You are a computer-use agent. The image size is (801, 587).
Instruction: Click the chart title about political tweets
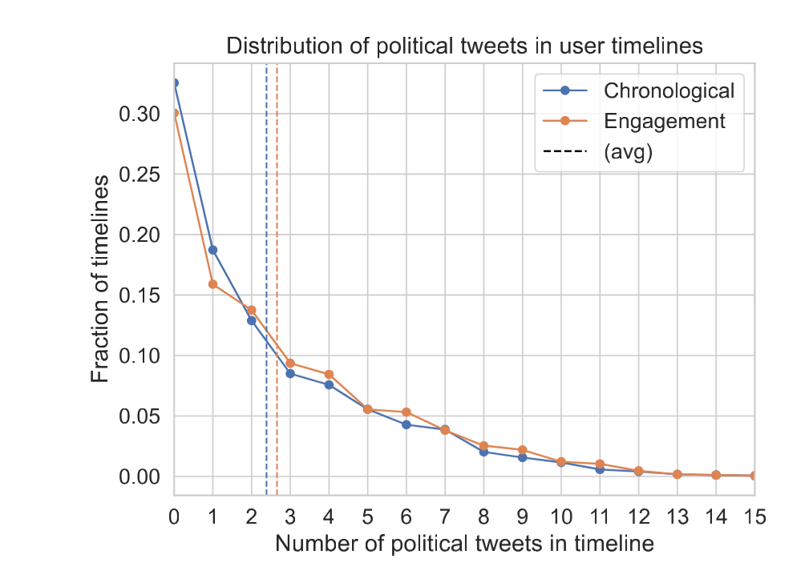coord(464,46)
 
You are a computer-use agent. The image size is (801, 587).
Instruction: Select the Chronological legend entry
coord(669,89)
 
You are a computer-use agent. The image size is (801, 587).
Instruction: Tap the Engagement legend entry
coord(665,121)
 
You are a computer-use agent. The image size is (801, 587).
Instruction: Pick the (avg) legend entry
coord(628,153)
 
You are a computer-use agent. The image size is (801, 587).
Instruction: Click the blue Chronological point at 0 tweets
coord(175,82)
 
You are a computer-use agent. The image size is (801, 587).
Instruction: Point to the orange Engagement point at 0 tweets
coord(175,113)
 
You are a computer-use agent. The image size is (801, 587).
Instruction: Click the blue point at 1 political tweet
coord(212,250)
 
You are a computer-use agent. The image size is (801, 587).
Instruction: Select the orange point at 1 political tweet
coord(212,284)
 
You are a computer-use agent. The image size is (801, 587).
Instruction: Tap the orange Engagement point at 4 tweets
coord(329,374)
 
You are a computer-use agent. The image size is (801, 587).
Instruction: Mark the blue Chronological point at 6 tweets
coord(407,424)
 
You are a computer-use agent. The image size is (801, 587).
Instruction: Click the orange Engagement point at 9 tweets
coord(523,450)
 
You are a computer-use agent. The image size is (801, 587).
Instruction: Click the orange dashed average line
coord(277,200)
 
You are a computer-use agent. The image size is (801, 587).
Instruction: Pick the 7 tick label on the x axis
coord(445,517)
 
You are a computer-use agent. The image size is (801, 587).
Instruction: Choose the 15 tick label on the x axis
coord(754,517)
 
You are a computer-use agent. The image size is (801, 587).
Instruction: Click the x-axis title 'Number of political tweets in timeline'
coord(464,544)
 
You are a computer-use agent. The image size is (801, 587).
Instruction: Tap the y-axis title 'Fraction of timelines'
coord(99,279)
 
